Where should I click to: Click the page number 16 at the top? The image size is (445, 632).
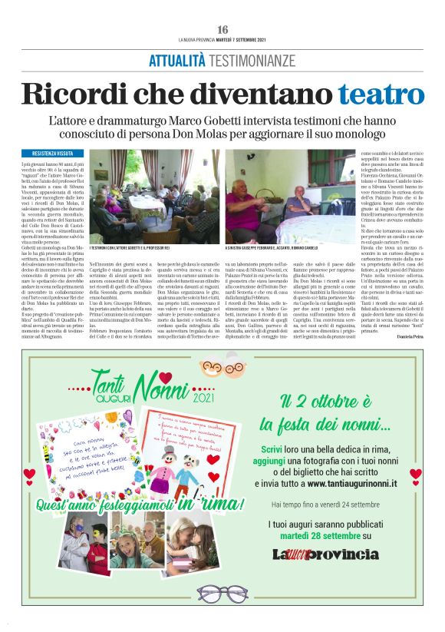(x=222, y=28)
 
